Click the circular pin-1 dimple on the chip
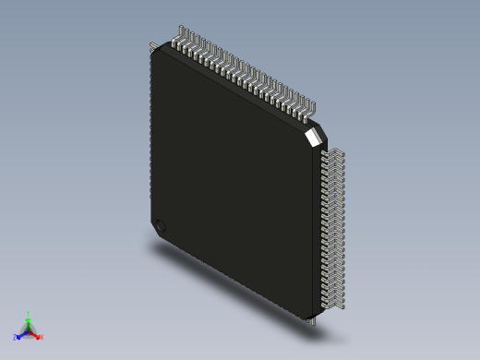click(x=161, y=225)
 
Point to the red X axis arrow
click(x=36, y=334)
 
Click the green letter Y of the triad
click(x=29, y=314)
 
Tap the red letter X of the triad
click(x=42, y=337)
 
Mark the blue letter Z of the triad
click(x=15, y=338)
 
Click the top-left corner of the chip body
click(x=153, y=52)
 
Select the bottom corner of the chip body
click(x=308, y=317)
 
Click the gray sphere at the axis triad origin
click(x=28, y=330)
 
